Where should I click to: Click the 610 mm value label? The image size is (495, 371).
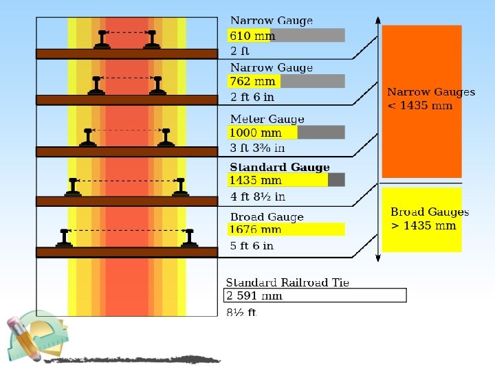pos(252,36)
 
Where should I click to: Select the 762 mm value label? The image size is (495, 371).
pos(253,81)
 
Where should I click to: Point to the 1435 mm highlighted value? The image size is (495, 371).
pos(256,180)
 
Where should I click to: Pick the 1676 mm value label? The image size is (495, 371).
pos(256,229)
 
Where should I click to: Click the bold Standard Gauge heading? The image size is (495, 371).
pos(280,167)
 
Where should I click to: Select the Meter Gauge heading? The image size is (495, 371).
pos(267,119)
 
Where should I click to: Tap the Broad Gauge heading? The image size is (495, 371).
pos(267,217)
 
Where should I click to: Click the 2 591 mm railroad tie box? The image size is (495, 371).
pos(316,295)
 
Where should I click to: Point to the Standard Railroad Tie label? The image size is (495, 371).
pos(287,282)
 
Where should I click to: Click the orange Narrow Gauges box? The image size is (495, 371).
pos(421,100)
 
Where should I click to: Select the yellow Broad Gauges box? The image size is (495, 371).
pos(421,219)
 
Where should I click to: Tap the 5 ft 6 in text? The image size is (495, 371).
pos(252,245)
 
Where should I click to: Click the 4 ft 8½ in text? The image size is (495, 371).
pos(257,196)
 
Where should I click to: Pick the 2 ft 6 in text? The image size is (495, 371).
pos(252,97)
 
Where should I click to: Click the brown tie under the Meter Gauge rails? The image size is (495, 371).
pos(126,151)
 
